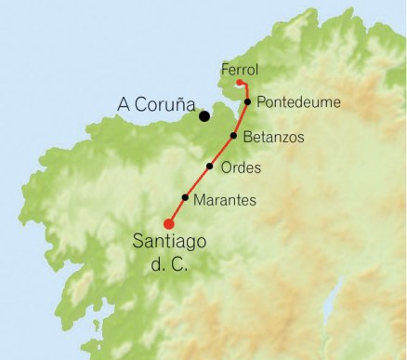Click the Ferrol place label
click(x=240, y=69)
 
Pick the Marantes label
click(x=225, y=200)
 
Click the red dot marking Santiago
click(x=168, y=223)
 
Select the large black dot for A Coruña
click(x=203, y=115)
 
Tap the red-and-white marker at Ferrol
click(x=240, y=84)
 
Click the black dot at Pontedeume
click(x=248, y=101)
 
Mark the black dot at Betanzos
click(x=233, y=136)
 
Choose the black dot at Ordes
click(x=210, y=167)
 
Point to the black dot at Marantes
click(x=186, y=197)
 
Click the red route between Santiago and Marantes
click(x=177, y=210)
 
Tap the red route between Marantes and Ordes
click(x=199, y=181)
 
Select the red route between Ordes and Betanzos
click(x=223, y=151)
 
